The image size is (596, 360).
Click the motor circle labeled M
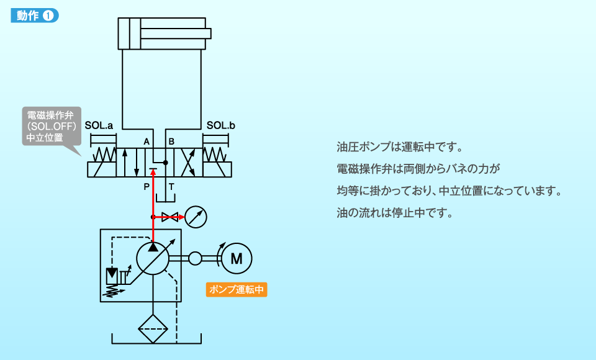tap(237, 258)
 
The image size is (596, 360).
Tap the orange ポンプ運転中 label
tap(237, 289)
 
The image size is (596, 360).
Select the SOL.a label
tap(99, 126)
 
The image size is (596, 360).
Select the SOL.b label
tap(221, 126)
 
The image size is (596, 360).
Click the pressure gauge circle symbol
tap(196, 217)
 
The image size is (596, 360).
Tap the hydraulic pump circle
tap(153, 258)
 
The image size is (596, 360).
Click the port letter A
tap(147, 142)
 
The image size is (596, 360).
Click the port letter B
tap(171, 142)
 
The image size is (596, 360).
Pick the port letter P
tap(147, 186)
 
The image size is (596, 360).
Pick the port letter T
tap(171, 186)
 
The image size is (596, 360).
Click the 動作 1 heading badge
tap(35, 16)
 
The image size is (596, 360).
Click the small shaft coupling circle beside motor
tap(195, 258)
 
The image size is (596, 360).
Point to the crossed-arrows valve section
tap(191, 163)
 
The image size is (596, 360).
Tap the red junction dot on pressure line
tap(153, 217)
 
